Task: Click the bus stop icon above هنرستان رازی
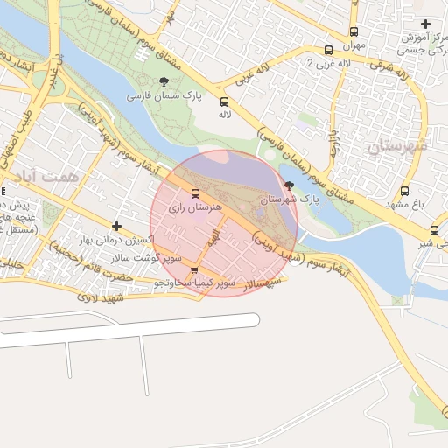[x=194, y=193]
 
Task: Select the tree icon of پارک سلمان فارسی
[x=164, y=81]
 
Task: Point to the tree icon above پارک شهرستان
[x=290, y=185]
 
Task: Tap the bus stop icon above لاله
[x=225, y=101]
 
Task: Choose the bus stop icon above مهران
[x=328, y=50]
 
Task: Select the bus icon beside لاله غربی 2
[x=312, y=64]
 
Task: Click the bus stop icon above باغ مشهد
[x=404, y=191]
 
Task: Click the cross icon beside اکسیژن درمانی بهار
[x=116, y=226]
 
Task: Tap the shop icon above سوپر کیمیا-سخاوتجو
[x=194, y=271]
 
